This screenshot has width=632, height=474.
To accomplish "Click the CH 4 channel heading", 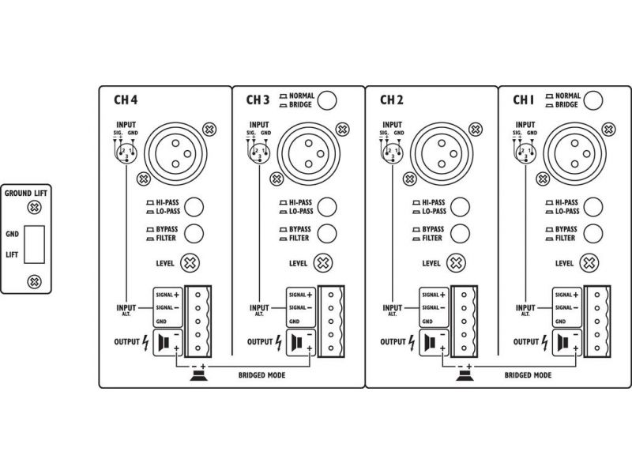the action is click(126, 100).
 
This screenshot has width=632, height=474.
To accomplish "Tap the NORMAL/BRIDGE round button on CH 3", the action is click(327, 100).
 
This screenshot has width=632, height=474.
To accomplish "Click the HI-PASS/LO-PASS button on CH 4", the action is click(194, 207).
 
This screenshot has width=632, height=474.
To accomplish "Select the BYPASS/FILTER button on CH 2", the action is click(460, 234).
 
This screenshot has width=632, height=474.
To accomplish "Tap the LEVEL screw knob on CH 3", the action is click(323, 263).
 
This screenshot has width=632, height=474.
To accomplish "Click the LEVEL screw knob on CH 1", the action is click(589, 263).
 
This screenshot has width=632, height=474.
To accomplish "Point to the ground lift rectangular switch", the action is click(34, 244).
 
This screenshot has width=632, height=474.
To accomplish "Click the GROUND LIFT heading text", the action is click(26, 194).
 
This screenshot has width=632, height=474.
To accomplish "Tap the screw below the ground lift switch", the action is click(34, 281).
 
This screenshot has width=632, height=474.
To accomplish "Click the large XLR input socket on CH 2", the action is click(442, 153).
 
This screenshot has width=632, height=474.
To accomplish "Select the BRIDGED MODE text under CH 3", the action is click(261, 375).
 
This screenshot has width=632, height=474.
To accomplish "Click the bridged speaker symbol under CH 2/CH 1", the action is click(465, 376).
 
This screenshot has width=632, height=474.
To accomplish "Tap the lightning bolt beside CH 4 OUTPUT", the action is click(145, 343).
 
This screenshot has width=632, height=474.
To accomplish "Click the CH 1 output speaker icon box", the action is click(567, 343).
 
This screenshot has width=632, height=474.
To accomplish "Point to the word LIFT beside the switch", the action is click(12, 254).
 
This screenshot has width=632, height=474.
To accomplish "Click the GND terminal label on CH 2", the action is click(427, 322).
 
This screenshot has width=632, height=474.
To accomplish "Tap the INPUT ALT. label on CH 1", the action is click(525, 310).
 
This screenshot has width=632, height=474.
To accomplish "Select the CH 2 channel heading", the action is click(392, 100).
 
